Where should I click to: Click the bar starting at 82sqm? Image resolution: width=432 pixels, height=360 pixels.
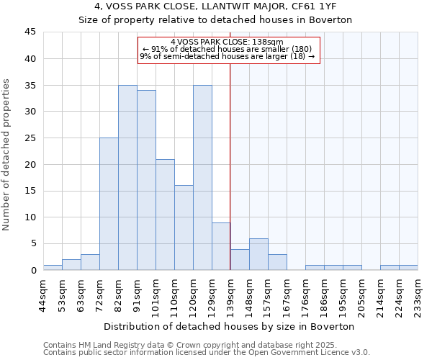[x=127, y=178]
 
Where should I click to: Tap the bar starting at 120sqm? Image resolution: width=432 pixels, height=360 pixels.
[x=202, y=178]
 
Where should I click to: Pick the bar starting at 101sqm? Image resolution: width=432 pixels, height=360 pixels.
[x=165, y=215]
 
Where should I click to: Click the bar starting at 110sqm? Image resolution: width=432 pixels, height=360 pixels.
[x=184, y=228]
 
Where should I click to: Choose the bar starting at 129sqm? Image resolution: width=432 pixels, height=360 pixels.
[x=221, y=246]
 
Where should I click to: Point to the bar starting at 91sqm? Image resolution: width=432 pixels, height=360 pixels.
[x=146, y=180]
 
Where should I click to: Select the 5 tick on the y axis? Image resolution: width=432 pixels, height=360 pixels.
[x=33, y=243]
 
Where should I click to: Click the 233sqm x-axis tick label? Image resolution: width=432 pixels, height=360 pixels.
[x=418, y=294]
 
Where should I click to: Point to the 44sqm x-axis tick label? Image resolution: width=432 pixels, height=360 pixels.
[x=43, y=294]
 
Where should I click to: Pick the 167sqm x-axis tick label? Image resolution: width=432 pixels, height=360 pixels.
[x=287, y=294]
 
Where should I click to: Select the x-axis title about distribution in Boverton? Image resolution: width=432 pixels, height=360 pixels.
[x=230, y=326]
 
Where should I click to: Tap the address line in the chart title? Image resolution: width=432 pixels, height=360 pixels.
[x=215, y=6]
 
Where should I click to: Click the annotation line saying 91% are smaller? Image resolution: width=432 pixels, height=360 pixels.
[x=228, y=49]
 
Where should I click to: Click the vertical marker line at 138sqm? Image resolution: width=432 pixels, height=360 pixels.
[x=230, y=158]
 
